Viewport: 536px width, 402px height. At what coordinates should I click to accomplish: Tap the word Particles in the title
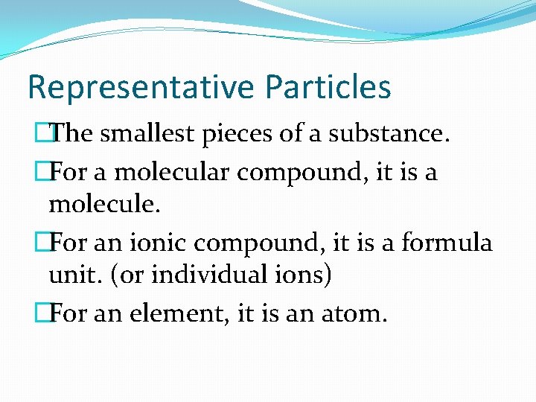pyautogui.click(x=326, y=87)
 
